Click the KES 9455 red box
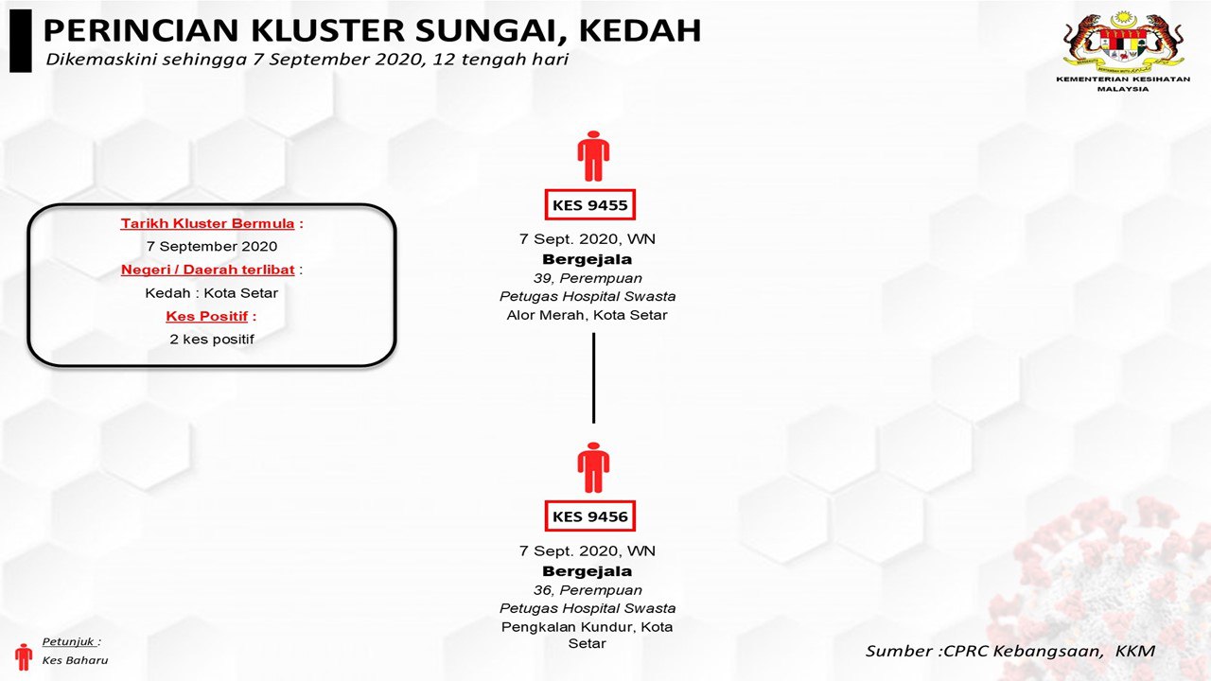pos(591,204)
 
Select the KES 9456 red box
pos(591,516)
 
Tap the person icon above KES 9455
pos(593,156)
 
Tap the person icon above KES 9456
pos(593,467)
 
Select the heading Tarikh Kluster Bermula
pos(207,224)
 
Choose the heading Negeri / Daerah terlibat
pos(207,270)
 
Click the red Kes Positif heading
pos(207,316)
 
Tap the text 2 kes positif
pos(212,339)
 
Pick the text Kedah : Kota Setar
pos(212,292)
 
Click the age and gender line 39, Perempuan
pos(588,278)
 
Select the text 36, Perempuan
pos(588,590)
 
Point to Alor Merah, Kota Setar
pos(588,315)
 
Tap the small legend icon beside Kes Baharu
pos(24,655)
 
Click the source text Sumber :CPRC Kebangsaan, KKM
pos(1010,651)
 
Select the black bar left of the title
pos(20,41)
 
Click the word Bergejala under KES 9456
pos(588,571)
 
